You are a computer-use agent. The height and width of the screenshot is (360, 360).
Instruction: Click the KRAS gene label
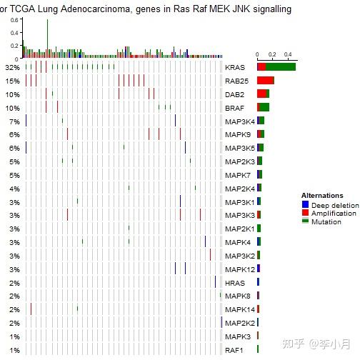point(234,67)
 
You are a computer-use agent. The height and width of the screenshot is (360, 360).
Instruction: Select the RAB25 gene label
point(236,81)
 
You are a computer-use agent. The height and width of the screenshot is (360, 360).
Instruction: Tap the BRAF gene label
point(234,108)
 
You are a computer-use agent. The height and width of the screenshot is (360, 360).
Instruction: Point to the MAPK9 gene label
point(237,134)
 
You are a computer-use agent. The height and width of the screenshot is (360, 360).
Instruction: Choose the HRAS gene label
point(234,283)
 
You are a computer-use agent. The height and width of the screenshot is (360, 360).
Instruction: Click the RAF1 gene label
point(234,350)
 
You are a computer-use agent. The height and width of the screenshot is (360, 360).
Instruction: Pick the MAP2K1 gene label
point(239,229)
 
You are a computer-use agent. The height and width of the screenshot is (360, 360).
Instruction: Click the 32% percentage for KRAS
point(12,67)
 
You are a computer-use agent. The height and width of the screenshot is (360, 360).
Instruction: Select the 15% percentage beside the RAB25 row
point(12,81)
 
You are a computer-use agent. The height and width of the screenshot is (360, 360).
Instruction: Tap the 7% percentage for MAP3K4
point(14,121)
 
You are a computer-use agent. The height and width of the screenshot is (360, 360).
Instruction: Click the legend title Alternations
point(322,195)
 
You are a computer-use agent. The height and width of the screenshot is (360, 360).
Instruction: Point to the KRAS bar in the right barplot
point(276,66)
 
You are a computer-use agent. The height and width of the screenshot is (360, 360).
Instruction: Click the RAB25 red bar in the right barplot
point(265,80)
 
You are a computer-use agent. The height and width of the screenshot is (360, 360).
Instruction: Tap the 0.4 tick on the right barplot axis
point(288,54)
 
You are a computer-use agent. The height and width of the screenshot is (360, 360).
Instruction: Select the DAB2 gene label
point(234,94)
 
